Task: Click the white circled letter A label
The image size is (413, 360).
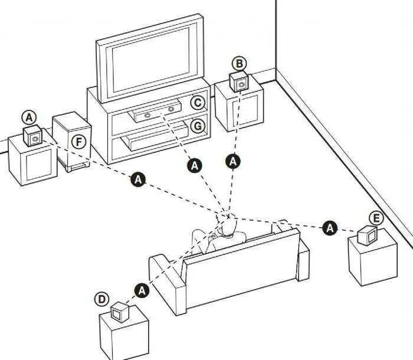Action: [29, 116]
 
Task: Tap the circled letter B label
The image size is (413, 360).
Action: [238, 63]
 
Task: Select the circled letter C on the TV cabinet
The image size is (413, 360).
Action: [198, 103]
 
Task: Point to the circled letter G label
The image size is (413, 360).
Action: [198, 126]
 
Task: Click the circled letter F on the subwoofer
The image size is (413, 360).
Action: [77, 141]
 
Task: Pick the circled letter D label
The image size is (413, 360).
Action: [102, 299]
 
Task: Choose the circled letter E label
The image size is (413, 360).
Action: [376, 218]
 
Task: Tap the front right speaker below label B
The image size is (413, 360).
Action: [240, 82]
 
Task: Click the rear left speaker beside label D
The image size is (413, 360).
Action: [121, 311]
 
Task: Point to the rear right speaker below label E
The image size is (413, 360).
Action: [368, 235]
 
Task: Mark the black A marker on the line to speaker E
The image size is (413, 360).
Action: [329, 227]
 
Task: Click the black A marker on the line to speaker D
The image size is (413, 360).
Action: [141, 289]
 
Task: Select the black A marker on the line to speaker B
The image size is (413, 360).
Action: [234, 161]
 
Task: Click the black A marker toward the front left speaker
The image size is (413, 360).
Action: [139, 179]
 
